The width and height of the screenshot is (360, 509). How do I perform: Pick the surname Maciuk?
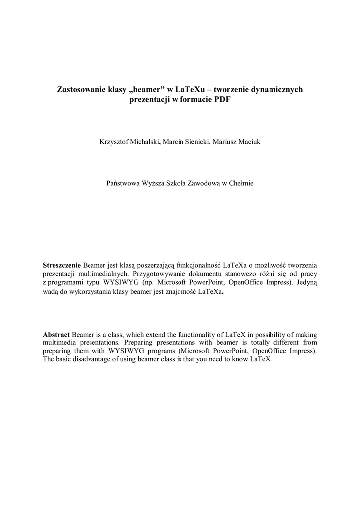[x=247, y=142]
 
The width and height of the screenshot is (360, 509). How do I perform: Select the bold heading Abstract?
[x=56, y=335]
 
